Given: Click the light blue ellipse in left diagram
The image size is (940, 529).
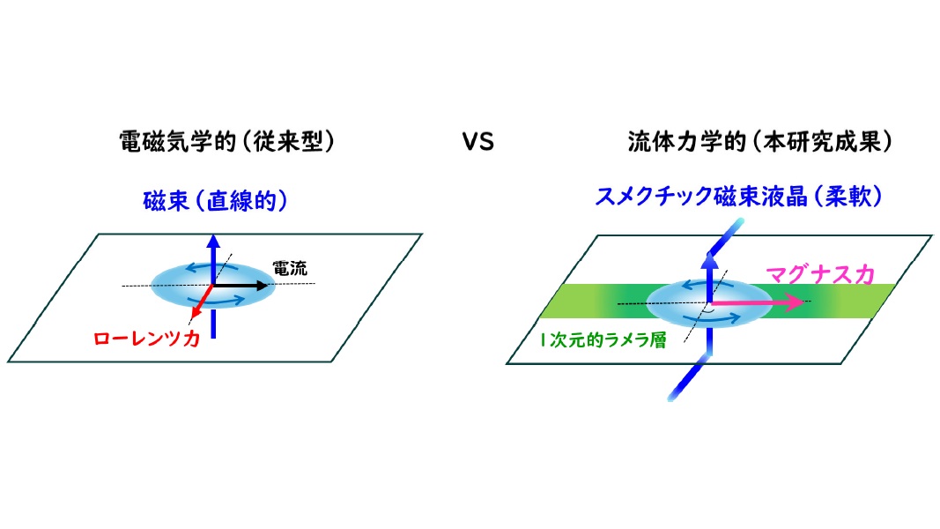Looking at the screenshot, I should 176,284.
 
